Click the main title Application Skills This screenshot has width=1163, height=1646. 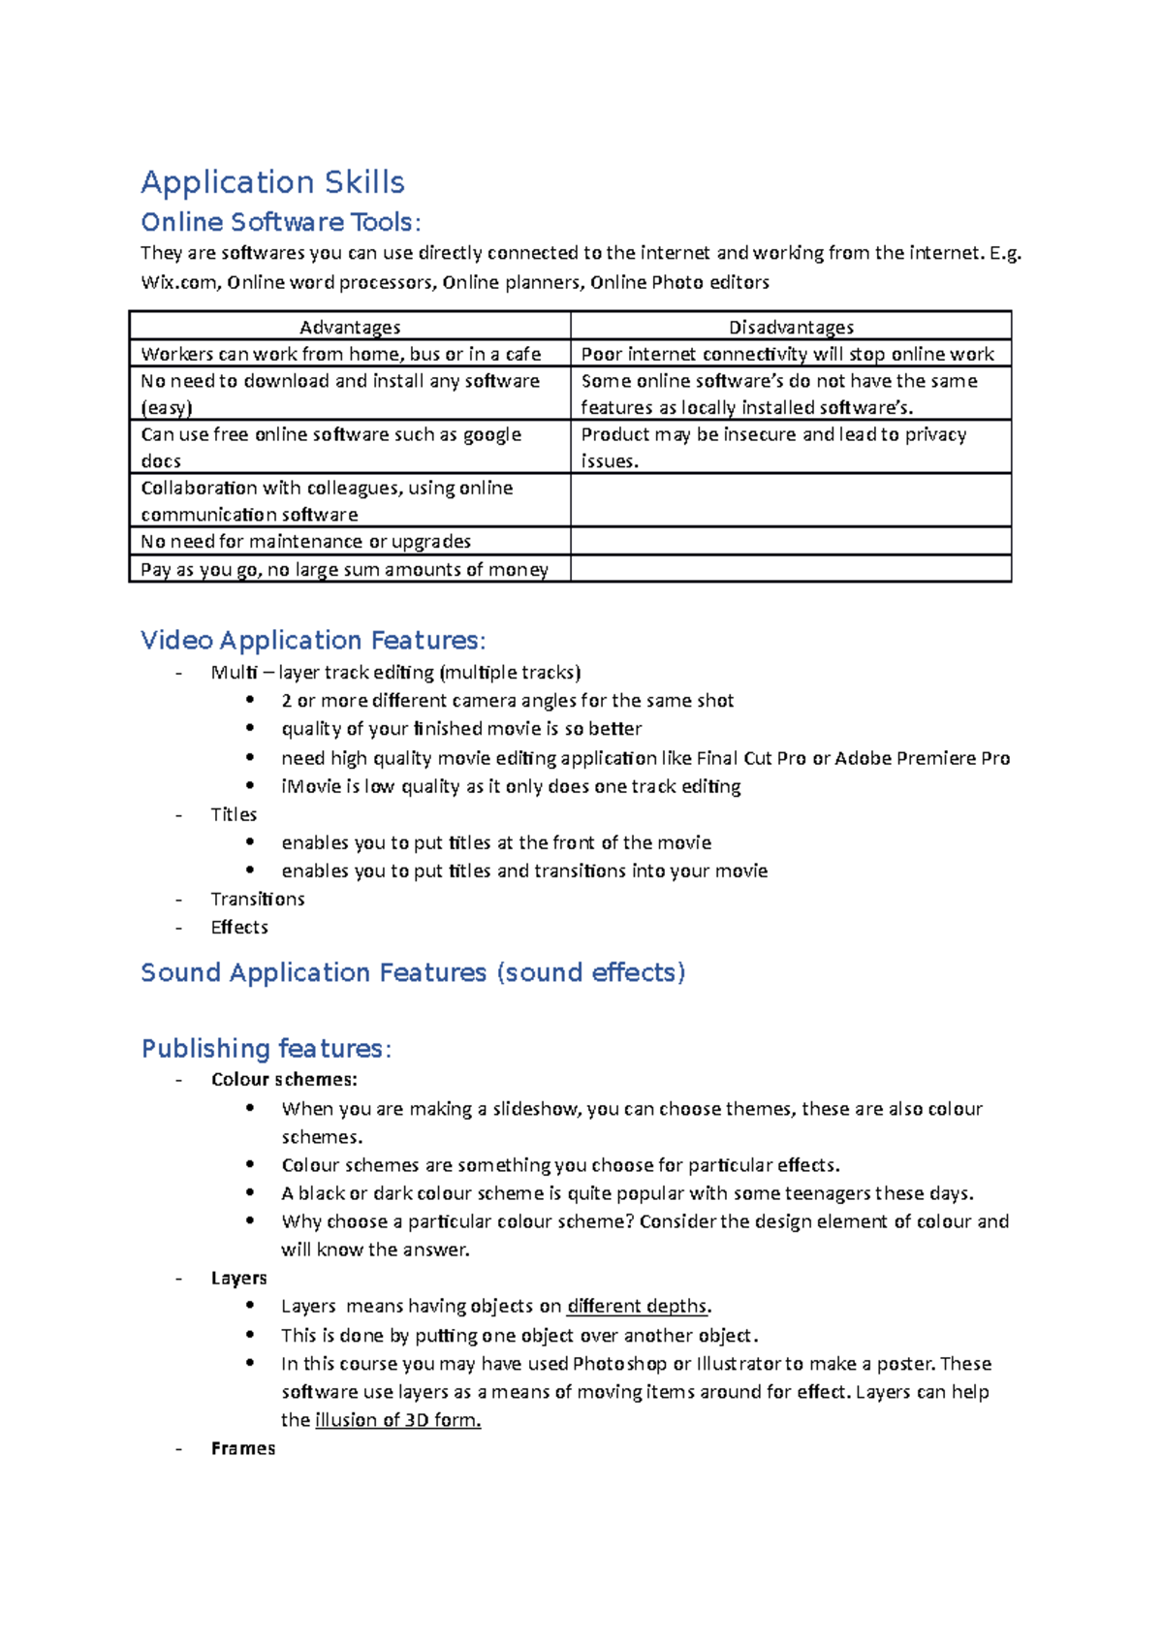point(272,182)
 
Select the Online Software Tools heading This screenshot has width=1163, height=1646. point(280,222)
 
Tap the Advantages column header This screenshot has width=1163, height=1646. point(350,328)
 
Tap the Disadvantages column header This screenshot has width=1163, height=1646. point(791,328)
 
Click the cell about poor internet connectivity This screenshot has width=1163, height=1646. point(787,354)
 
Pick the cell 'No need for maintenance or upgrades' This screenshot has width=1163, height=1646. point(306,541)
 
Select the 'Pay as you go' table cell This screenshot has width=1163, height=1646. point(344,569)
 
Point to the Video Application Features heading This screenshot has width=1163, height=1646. point(312,640)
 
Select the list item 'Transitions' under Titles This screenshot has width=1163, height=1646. point(258,899)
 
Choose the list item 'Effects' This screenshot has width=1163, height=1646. point(239,927)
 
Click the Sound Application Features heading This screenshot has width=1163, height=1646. point(413,972)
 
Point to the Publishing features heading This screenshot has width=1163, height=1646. point(266,1048)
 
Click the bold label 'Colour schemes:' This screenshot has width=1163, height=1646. point(284,1079)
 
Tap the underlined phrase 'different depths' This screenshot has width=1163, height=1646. point(637,1306)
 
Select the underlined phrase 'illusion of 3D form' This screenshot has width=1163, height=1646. point(396,1420)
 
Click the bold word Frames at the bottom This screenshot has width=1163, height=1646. point(243,1448)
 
